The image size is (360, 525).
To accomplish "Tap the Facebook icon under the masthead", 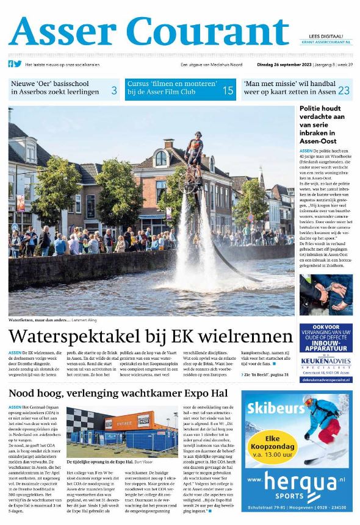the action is (x=11, y=63).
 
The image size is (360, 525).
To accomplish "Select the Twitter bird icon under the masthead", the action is (x=18, y=63).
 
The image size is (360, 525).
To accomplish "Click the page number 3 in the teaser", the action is (x=113, y=91).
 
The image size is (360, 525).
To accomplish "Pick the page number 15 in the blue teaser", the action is (x=227, y=91).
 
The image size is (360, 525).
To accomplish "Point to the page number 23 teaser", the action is (x=344, y=91).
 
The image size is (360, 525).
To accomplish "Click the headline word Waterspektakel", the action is (x=88, y=336).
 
